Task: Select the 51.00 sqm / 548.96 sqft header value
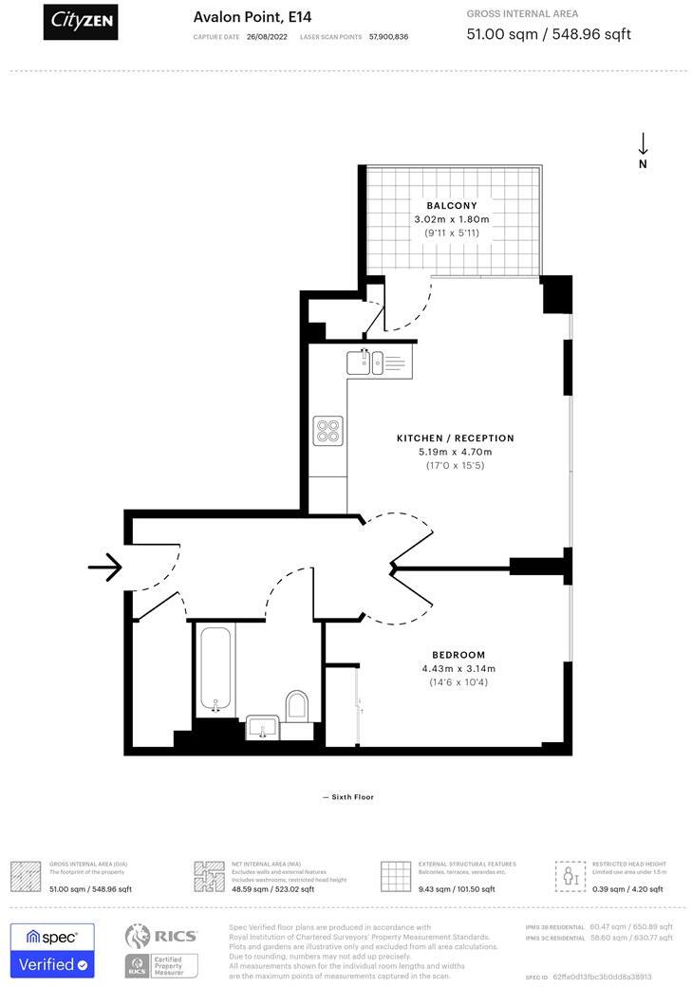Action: pos(549,34)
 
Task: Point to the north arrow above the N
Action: pos(643,144)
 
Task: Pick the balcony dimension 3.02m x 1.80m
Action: pos(452,219)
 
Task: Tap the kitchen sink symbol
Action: pos(365,361)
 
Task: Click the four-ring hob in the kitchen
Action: pos(328,431)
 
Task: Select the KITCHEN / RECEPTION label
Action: pos(456,438)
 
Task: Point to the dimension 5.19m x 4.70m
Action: pos(456,452)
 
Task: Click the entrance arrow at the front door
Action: pos(105,568)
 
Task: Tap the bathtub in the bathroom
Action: pos(216,669)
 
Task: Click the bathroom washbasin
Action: pos(261,727)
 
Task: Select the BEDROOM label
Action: pos(458,655)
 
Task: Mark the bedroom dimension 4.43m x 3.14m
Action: pos(458,668)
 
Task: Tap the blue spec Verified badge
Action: pos(52,950)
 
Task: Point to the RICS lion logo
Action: pos(138,936)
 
